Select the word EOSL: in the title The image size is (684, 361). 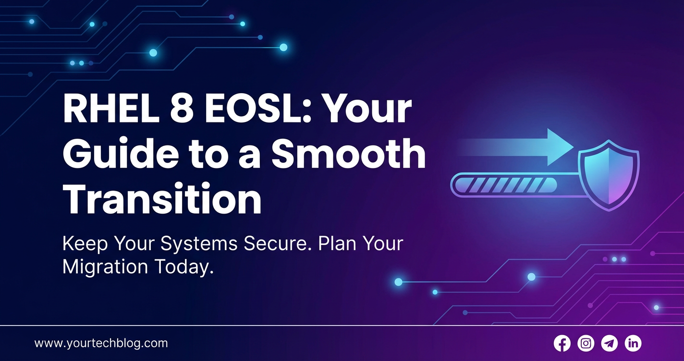point(254,109)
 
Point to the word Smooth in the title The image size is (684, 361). point(348,153)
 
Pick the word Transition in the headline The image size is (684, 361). point(162,198)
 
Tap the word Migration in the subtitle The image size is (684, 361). point(105,267)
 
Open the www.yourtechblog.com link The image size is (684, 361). point(101,343)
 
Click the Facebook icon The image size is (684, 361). point(562,343)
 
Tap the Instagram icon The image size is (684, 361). point(586,343)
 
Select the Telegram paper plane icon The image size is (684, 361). point(610,343)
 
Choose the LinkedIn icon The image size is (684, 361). point(633,343)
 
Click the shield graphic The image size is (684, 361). point(609,175)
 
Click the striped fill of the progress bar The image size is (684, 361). point(506,185)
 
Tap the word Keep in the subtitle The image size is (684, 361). point(85,244)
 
